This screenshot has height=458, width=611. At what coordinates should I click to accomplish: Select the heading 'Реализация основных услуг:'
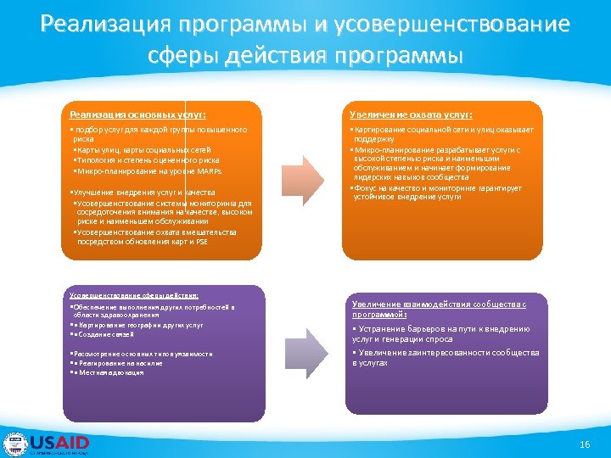pyautogui.click(x=137, y=114)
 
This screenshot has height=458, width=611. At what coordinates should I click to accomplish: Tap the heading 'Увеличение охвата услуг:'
pyautogui.click(x=412, y=114)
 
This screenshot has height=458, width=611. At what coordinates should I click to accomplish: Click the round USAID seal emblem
pyautogui.click(x=14, y=444)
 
